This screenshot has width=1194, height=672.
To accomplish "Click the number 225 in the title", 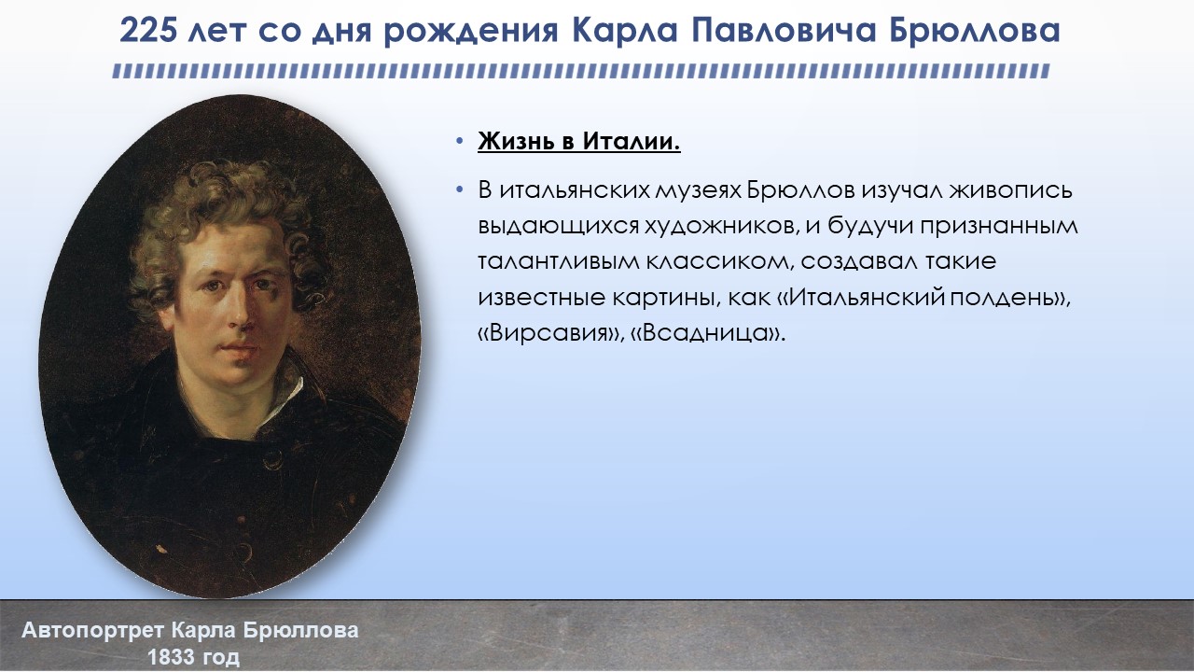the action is [x=148, y=31].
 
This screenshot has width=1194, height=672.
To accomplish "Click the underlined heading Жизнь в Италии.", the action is [x=579, y=141].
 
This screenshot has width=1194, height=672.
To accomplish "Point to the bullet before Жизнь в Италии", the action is [x=460, y=142].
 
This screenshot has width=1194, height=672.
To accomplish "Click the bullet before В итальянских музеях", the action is [x=460, y=190].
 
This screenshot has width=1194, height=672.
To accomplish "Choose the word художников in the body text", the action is [x=722, y=226].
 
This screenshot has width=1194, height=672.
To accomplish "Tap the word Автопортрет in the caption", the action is [x=92, y=631].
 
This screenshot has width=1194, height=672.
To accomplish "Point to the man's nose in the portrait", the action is [x=240, y=312].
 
